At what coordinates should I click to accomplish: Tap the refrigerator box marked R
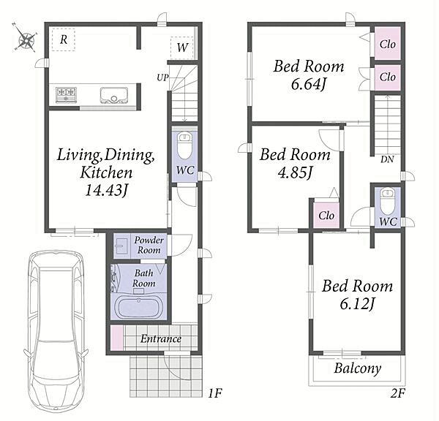64,39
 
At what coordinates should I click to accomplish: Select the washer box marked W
182,48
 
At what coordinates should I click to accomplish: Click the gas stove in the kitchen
66,94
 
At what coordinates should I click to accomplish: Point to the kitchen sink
114,96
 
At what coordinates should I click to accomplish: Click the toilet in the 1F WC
185,145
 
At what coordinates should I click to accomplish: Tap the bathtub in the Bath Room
138,307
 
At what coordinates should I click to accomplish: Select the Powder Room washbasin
121,246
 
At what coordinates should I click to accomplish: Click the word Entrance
161,338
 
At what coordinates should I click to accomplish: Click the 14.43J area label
106,191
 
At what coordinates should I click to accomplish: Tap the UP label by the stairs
162,77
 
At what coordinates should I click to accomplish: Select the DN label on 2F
387,159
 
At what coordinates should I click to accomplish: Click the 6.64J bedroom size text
309,84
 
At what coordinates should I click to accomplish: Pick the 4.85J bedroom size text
295,172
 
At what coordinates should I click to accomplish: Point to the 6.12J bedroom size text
357,304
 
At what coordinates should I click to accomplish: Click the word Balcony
358,368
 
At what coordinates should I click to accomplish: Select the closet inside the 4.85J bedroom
326,215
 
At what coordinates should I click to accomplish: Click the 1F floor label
215,393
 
